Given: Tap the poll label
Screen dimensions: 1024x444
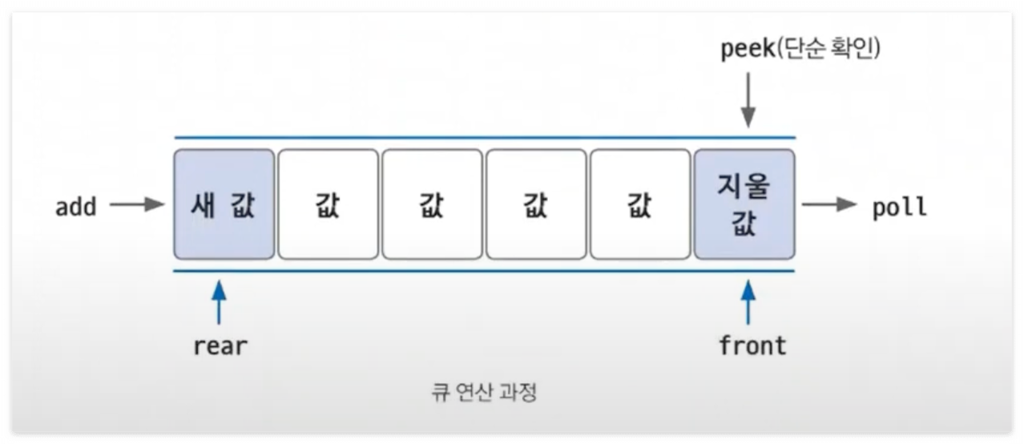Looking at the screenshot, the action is [900, 207].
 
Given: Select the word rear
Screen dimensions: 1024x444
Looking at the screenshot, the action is [220, 346].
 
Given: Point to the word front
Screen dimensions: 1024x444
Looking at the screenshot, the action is [752, 346].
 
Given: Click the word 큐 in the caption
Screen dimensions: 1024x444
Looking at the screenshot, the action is [438, 394].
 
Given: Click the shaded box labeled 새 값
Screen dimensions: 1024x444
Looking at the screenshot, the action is [224, 204].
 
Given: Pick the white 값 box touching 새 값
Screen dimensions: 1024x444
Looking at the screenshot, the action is [329, 204].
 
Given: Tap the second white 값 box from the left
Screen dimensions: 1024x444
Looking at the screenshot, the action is [433, 204].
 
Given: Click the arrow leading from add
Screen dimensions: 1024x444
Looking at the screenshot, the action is [137, 205].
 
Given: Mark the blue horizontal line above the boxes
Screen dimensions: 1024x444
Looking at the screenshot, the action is [485, 138].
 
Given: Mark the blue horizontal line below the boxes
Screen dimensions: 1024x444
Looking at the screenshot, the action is [485, 272].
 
